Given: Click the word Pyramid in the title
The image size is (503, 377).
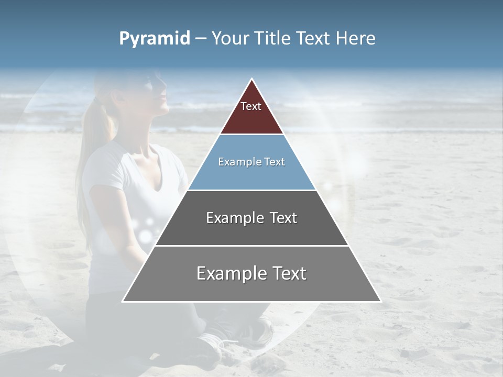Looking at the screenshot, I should [155, 39].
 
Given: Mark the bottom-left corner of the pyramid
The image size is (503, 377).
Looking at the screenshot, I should [123, 301].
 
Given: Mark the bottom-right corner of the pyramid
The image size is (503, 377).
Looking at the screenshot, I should [380, 301].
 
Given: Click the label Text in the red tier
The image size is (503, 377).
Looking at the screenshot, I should [251, 106].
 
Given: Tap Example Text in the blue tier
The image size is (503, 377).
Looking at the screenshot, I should [251, 162].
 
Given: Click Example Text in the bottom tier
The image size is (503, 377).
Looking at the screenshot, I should [251, 273].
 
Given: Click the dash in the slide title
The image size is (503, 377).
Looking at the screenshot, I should [200, 39].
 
